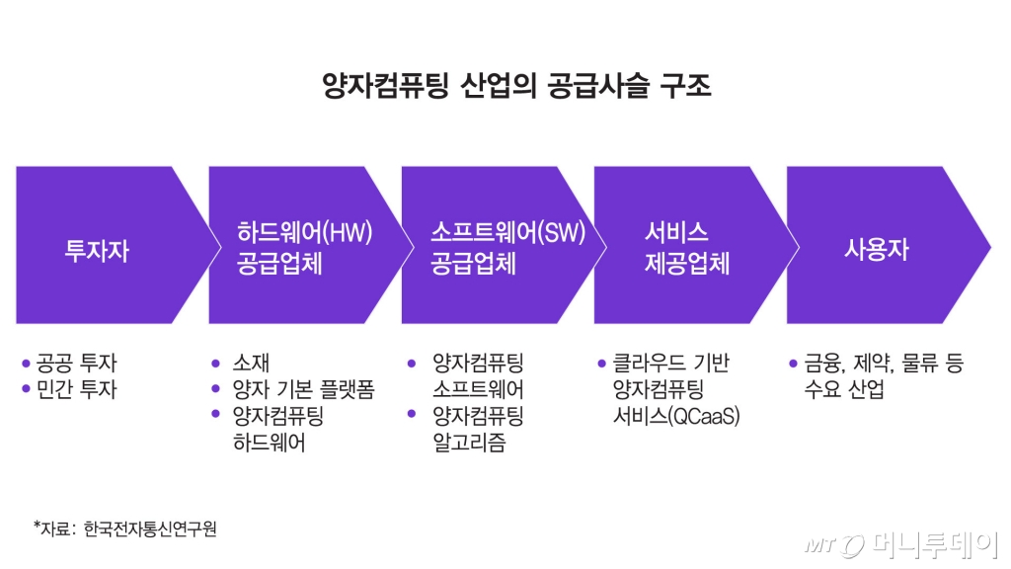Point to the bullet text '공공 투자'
(x=75, y=364)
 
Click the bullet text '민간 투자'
(x=75, y=390)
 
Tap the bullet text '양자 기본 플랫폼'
(x=303, y=390)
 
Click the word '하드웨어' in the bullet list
(x=269, y=443)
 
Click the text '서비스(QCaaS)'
(x=676, y=417)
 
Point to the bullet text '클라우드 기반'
(x=671, y=364)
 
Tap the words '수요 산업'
(x=844, y=390)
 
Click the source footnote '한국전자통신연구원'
(x=150, y=528)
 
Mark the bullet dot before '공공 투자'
(x=26, y=364)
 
